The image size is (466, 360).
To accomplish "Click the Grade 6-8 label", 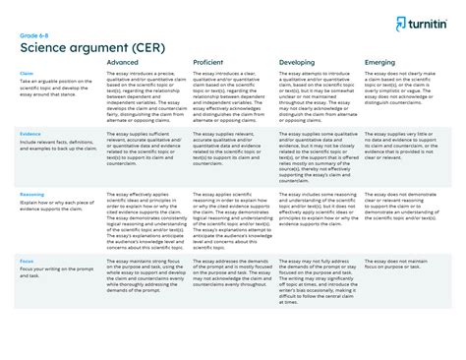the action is point(33,35).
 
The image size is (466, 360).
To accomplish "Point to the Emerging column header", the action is point(366,62).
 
